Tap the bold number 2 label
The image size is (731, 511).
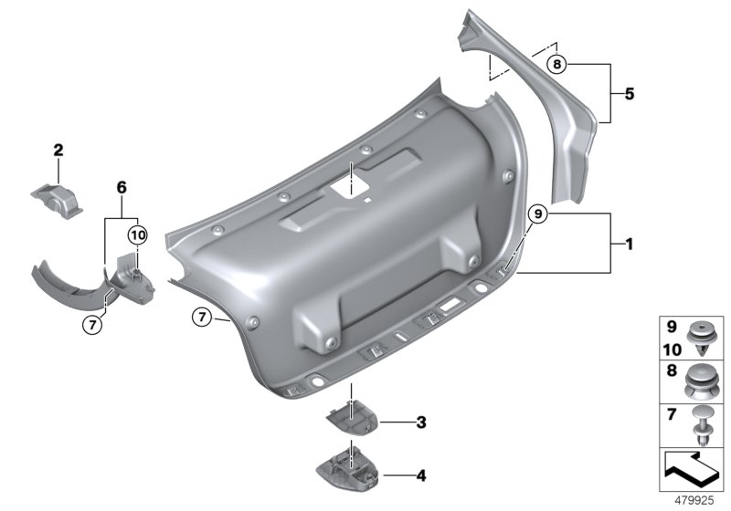(58, 149)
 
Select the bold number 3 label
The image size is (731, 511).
(420, 422)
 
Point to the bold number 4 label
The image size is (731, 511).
(420, 474)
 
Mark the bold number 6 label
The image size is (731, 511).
(120, 187)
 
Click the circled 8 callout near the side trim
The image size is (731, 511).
(558, 64)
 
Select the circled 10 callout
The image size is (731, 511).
(136, 235)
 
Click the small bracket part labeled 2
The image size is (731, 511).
(59, 198)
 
